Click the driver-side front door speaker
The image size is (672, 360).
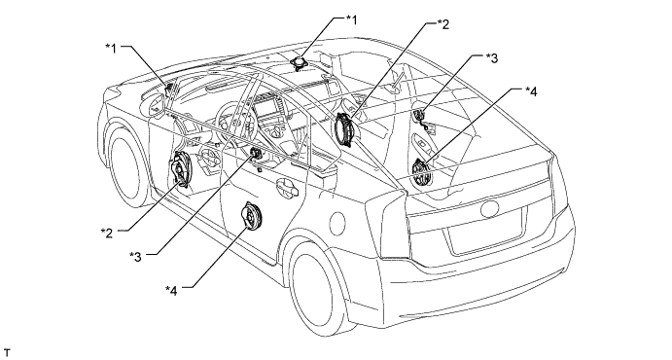point(182,169)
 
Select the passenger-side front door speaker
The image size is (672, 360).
point(345,129)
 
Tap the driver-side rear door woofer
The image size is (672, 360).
point(252,217)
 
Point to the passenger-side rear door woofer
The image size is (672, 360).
point(420,172)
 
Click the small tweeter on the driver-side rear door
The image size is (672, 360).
point(256,153)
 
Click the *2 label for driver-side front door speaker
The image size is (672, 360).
point(107,233)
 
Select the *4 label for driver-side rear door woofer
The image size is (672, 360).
point(171,290)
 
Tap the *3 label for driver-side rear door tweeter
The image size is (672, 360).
point(135,256)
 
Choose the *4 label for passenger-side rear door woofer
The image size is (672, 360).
point(531,91)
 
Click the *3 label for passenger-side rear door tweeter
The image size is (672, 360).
point(492,57)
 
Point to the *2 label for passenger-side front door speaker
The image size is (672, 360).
point(443,24)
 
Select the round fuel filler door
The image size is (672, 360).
point(337,223)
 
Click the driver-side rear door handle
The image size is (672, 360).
point(286,186)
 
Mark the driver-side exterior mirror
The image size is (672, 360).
point(156,105)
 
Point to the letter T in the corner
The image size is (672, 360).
point(6,352)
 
